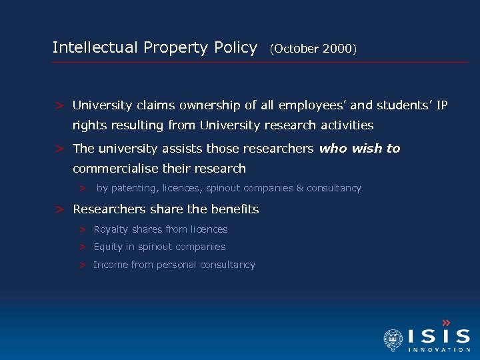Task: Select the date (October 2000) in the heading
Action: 313,49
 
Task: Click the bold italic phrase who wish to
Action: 359,148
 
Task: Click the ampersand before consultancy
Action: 299,188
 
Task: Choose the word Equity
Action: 108,247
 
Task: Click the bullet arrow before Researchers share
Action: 60,209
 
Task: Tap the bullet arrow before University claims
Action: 60,105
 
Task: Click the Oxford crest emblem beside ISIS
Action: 393,340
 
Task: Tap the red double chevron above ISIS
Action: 446,323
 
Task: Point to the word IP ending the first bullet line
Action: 442,105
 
